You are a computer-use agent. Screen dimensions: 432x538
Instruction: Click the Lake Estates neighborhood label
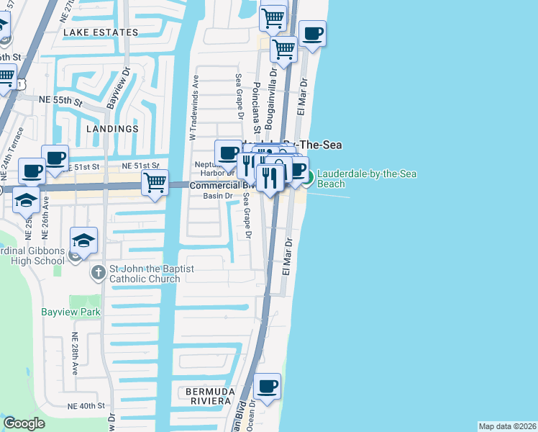click(x=101, y=32)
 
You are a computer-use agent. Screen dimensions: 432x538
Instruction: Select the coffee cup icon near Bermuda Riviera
click(x=268, y=385)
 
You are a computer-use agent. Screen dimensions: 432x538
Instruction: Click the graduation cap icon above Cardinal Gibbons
click(x=84, y=240)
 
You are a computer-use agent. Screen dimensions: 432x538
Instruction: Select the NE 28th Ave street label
click(x=74, y=354)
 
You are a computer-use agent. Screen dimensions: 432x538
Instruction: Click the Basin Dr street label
click(x=218, y=196)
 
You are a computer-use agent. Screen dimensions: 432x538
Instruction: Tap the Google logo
click(x=24, y=423)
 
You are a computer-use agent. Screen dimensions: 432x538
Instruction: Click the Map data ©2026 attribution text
click(x=506, y=426)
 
